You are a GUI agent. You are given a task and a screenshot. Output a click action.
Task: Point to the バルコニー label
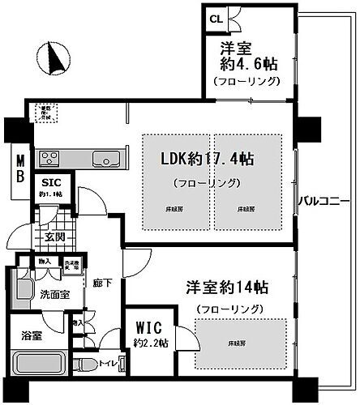pyautogui.click(x=322, y=199)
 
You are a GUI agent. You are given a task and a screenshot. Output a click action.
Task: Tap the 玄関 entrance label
pyautogui.click(x=54, y=237)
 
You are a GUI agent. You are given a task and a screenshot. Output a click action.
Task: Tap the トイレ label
pyautogui.click(x=106, y=364)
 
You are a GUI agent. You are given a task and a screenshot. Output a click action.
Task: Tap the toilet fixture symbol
pyautogui.click(x=85, y=364)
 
